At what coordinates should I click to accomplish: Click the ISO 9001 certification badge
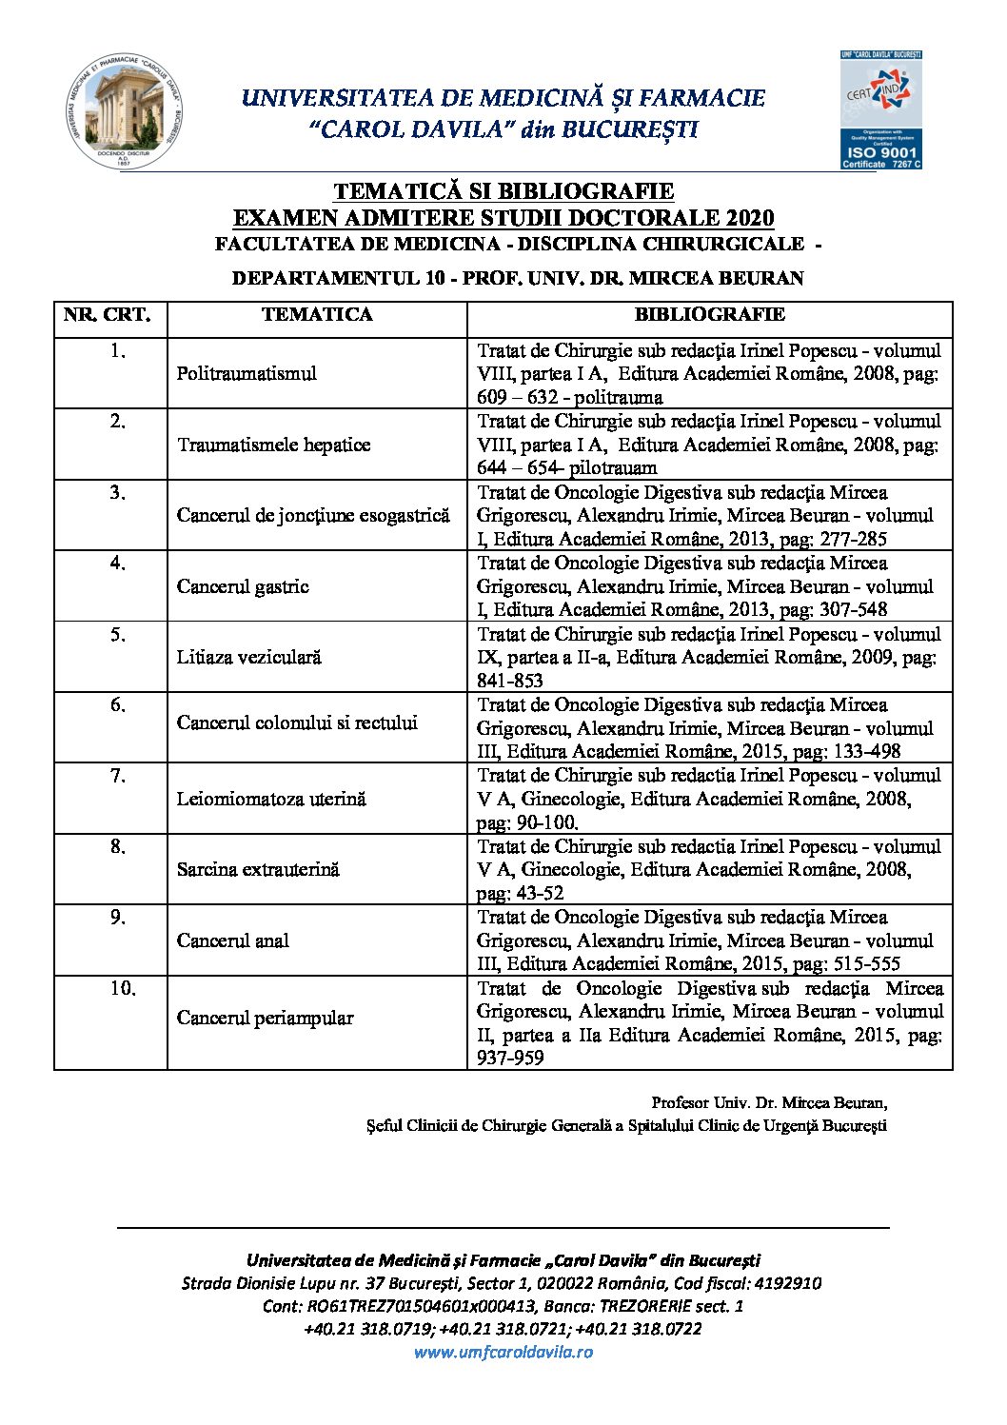[880, 110]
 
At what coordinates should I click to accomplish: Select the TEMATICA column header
[317, 315]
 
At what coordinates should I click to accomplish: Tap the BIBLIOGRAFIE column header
[709, 315]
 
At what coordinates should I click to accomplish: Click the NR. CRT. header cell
[109, 315]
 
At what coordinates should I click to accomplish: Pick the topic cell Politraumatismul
[247, 373]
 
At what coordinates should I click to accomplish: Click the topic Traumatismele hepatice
[273, 445]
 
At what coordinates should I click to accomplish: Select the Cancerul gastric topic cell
[243, 586]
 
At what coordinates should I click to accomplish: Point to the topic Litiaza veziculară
[249, 657]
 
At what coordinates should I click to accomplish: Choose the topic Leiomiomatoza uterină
[271, 799]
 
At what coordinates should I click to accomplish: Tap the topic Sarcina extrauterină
[258, 869]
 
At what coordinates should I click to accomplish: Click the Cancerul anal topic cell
[233, 940]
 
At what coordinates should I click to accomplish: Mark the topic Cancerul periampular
[265, 1018]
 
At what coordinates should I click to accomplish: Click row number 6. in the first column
[117, 705]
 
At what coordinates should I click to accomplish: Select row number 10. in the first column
[123, 989]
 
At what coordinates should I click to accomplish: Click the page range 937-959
[510, 1058]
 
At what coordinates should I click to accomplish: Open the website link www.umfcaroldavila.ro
[503, 1352]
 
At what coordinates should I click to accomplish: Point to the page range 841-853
[510, 681]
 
